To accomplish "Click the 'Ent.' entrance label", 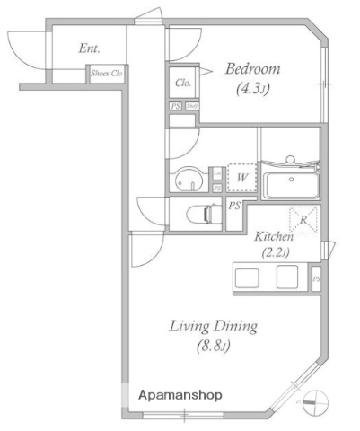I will tap(89, 49).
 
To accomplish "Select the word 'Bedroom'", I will tap(252, 69).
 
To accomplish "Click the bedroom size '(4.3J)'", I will tap(252, 89).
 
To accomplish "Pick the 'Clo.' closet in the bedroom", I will tap(181, 83).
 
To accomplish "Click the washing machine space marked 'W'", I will tap(240, 178).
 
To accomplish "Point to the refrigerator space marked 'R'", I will tap(302, 218).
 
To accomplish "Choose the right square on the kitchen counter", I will tap(287, 277).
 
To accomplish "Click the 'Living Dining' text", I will tap(214, 325).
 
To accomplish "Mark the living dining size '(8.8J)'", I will tap(214, 345).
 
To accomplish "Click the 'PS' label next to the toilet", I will tap(233, 207).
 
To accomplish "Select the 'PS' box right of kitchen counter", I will tap(316, 277).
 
